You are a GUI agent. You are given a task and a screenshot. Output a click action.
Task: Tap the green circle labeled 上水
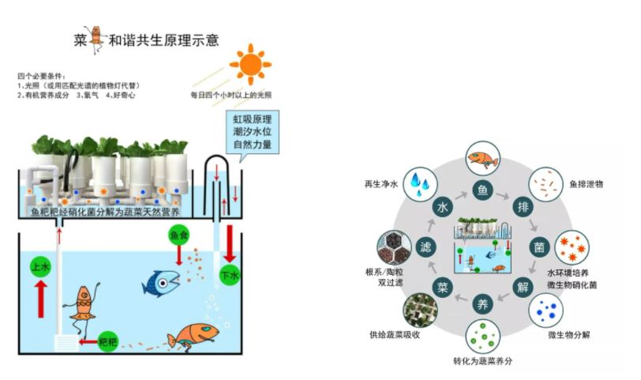[41, 268]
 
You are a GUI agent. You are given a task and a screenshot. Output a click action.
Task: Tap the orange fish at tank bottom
[191, 336]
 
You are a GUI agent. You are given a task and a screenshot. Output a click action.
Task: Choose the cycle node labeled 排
[523, 207]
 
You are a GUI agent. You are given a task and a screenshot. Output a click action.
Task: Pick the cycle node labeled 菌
[539, 247]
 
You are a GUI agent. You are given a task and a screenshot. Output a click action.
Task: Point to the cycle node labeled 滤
[427, 247]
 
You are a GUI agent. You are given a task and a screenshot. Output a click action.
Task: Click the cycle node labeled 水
[444, 207]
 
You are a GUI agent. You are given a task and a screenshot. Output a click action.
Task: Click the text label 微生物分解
[568, 335]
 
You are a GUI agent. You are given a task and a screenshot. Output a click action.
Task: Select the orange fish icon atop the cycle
[482, 158]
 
